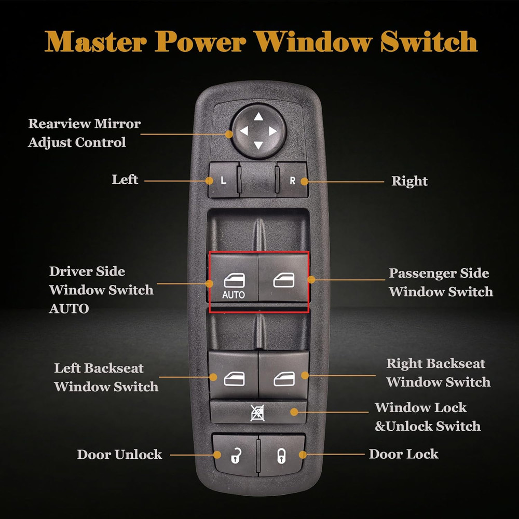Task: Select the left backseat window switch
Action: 234,375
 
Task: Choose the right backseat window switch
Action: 283,375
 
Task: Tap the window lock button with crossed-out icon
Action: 258,412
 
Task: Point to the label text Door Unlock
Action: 119,455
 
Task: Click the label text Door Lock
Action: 403,454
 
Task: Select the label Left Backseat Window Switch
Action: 106,377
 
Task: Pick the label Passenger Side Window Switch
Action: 441,282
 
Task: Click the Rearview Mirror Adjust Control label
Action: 84,133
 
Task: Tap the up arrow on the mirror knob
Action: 258,117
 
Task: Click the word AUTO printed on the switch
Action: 234,295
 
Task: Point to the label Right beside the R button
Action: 409,181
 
